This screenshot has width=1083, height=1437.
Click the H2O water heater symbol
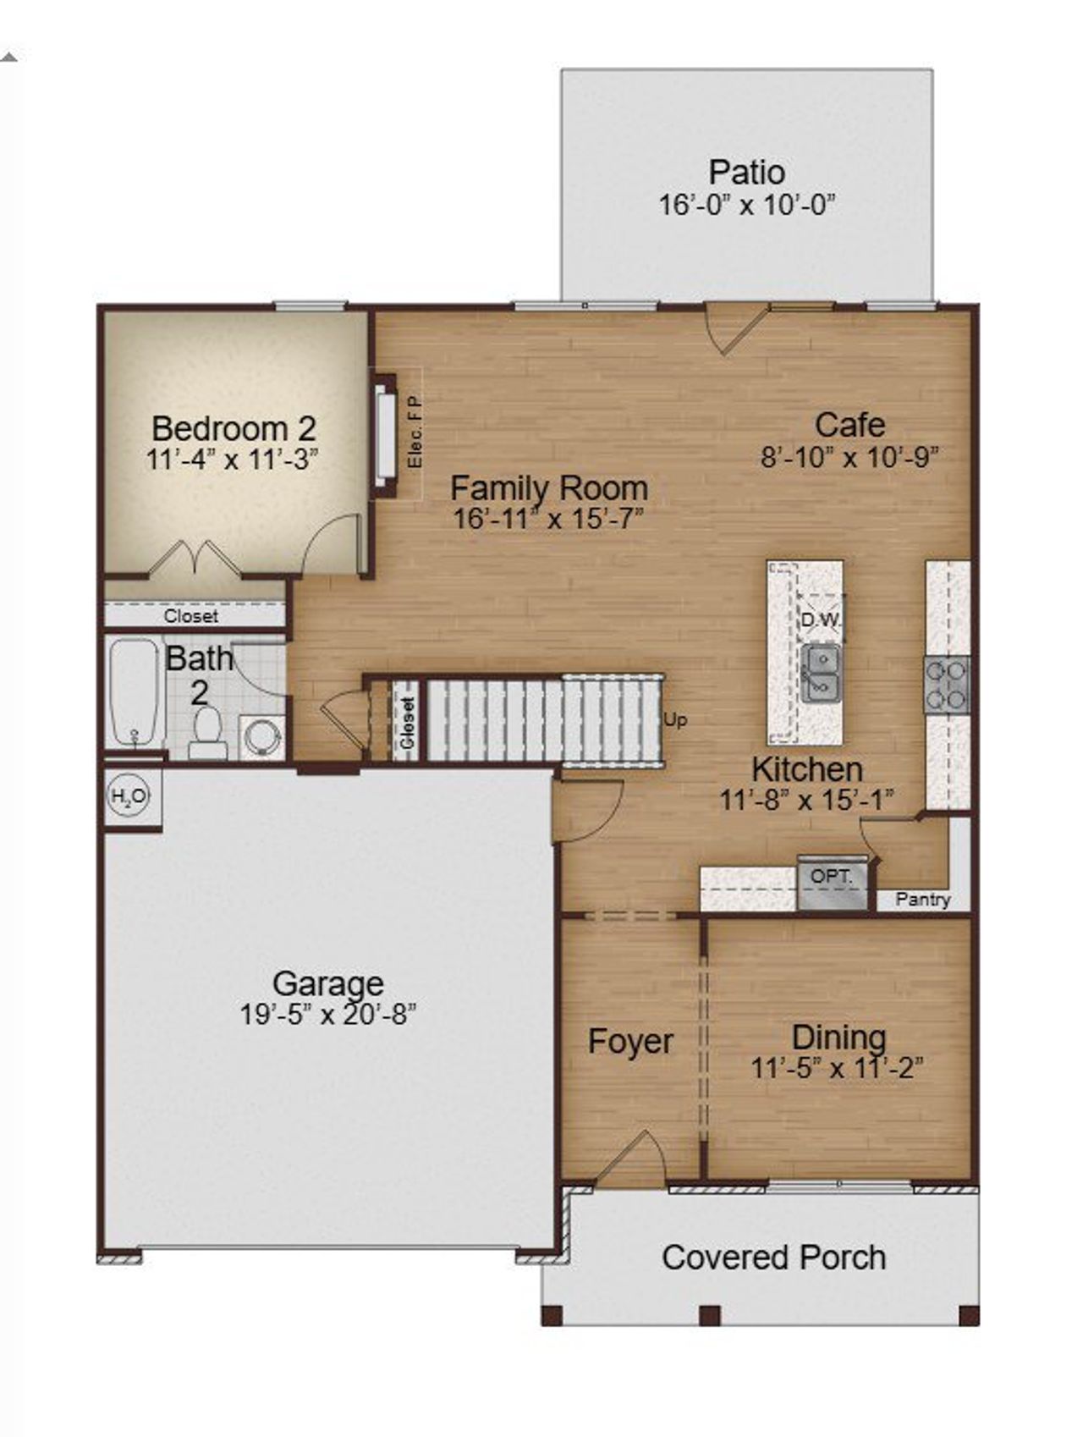(129, 796)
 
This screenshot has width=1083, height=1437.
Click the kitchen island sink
(821, 673)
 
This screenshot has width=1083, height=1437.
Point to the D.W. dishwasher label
(821, 620)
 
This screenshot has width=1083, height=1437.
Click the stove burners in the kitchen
(947, 684)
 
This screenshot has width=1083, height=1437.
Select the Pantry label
(922, 900)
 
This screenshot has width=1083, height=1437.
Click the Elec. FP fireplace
(386, 434)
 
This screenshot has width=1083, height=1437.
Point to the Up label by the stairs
(675, 720)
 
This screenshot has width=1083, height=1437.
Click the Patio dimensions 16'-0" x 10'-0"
(747, 205)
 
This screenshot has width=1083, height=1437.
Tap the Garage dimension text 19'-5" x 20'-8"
(328, 1013)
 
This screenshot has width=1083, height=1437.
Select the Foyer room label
(630, 1041)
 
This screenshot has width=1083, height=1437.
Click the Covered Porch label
(773, 1258)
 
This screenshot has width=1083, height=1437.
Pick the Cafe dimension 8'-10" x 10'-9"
(849, 457)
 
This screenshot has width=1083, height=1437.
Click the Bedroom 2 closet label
(191, 616)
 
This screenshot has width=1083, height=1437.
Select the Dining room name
(838, 1037)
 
